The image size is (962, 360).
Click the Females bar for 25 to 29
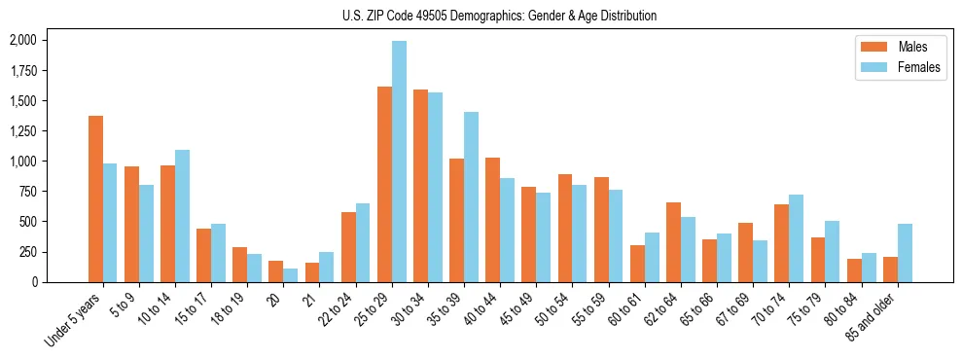click(x=399, y=162)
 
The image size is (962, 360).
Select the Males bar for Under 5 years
click(x=95, y=198)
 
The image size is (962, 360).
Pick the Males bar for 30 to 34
click(x=420, y=186)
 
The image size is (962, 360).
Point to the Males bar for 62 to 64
click(x=673, y=242)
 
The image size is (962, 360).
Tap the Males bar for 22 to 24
click(x=348, y=247)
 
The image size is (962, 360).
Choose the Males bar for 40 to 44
click(x=493, y=220)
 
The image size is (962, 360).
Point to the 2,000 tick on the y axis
click(x=22, y=40)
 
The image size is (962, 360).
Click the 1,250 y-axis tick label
click(x=22, y=130)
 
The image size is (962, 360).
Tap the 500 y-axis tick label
click(x=28, y=221)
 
